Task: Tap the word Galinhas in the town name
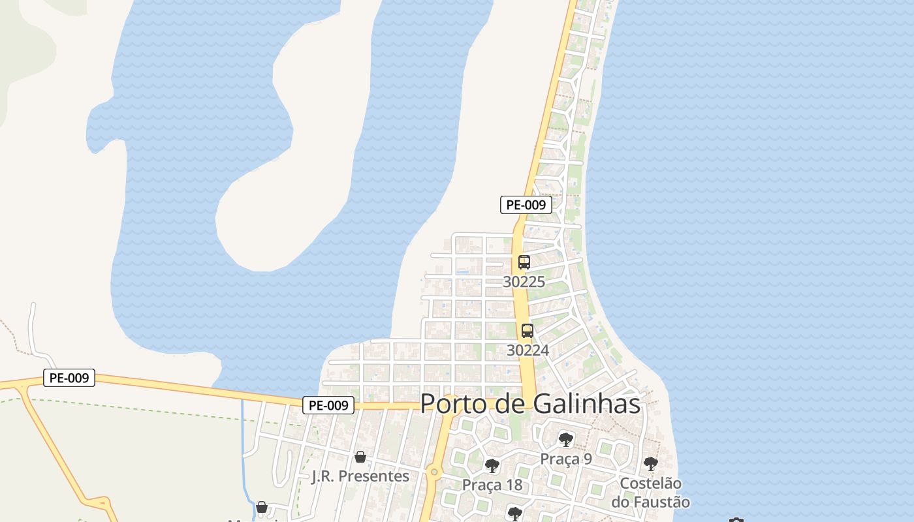586,404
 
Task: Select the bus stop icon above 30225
524,262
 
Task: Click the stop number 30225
524,282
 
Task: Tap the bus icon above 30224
528,331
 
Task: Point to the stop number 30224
528,350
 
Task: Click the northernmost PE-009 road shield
526,205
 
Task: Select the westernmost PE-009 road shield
69,378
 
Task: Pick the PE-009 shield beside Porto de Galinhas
328,405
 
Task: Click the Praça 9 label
565,459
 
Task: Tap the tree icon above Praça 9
565,440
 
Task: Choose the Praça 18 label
492,485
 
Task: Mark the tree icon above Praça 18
492,466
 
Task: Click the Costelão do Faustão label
650,493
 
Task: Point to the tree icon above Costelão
650,464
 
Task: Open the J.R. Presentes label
360,476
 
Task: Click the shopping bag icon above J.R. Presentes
360,457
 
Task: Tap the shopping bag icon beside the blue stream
262,507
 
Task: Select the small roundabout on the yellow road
433,472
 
